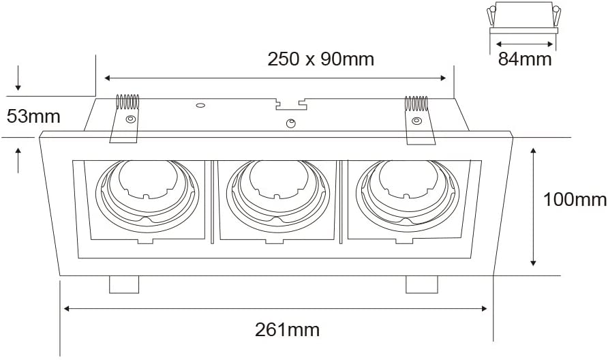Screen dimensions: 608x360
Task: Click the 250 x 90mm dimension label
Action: tap(320, 59)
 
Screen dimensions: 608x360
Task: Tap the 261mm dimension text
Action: tap(288, 330)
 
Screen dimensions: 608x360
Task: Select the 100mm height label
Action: tap(575, 200)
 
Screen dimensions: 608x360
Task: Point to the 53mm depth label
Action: tap(33, 117)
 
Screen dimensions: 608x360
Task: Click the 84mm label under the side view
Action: tap(525, 59)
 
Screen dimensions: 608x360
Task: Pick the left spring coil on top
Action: tap(128, 102)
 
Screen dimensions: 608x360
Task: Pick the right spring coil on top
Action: tap(416, 104)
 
